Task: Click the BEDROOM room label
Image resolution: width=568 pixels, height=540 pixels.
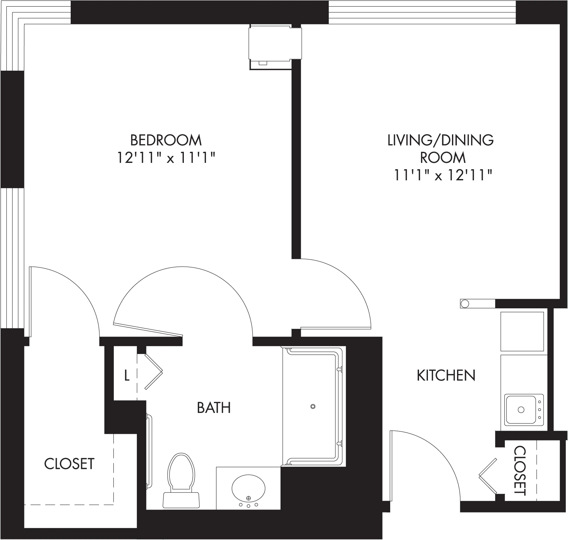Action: pos(166,140)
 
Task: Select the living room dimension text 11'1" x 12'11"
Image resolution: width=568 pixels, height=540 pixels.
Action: pos(442,175)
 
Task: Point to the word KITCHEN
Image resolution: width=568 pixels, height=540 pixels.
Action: pos(446,376)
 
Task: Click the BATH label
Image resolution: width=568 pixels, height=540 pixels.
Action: pos(214,408)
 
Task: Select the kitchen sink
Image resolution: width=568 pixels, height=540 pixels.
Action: pos(524,410)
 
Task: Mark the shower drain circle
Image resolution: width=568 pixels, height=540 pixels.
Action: pos(313,406)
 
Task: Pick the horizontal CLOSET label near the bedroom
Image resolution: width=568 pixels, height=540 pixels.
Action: pos(69,464)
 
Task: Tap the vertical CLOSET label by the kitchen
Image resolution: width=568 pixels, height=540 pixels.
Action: pos(520,471)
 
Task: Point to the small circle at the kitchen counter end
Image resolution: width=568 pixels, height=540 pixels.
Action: pos(465,303)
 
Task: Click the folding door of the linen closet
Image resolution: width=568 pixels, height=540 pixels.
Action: pos(153,371)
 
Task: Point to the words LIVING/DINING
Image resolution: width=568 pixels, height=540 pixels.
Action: pos(441,140)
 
